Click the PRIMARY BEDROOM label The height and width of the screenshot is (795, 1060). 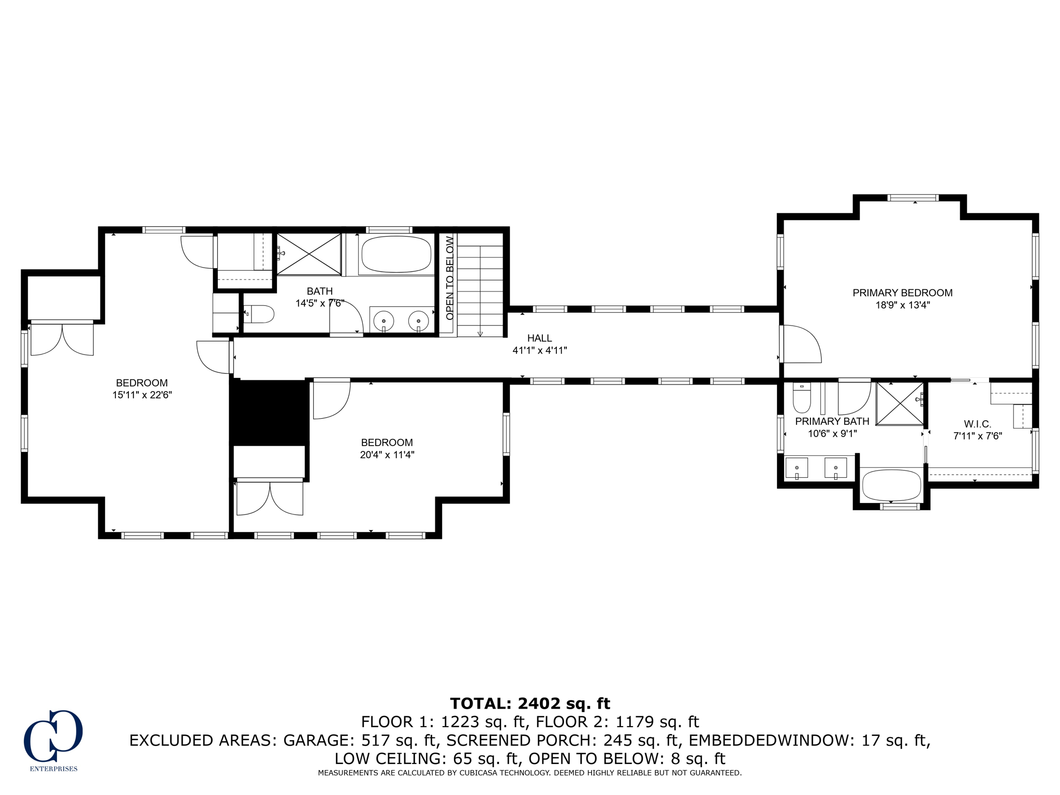tap(902, 293)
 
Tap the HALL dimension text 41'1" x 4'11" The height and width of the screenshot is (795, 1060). tap(539, 350)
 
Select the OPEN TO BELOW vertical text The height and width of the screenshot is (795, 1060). tap(449, 278)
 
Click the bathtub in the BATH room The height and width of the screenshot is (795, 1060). tap(396, 254)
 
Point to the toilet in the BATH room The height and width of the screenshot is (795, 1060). tap(260, 314)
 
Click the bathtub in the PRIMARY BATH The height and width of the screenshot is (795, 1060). tap(891, 485)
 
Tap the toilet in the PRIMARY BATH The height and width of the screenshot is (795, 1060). tap(802, 398)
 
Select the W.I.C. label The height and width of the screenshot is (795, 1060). tap(977, 424)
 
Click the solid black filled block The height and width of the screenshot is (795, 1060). tap(269, 412)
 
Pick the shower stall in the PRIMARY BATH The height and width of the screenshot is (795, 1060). tap(900, 404)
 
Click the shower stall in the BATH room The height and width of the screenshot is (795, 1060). tap(308, 254)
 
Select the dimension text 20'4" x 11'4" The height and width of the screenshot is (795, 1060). tap(387, 455)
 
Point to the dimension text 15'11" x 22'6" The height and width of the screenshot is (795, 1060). tap(142, 395)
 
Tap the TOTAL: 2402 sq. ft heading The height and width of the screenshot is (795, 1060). tap(530, 703)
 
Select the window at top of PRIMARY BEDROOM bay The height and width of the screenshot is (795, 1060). tap(912, 198)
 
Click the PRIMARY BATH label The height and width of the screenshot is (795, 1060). tap(832, 421)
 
